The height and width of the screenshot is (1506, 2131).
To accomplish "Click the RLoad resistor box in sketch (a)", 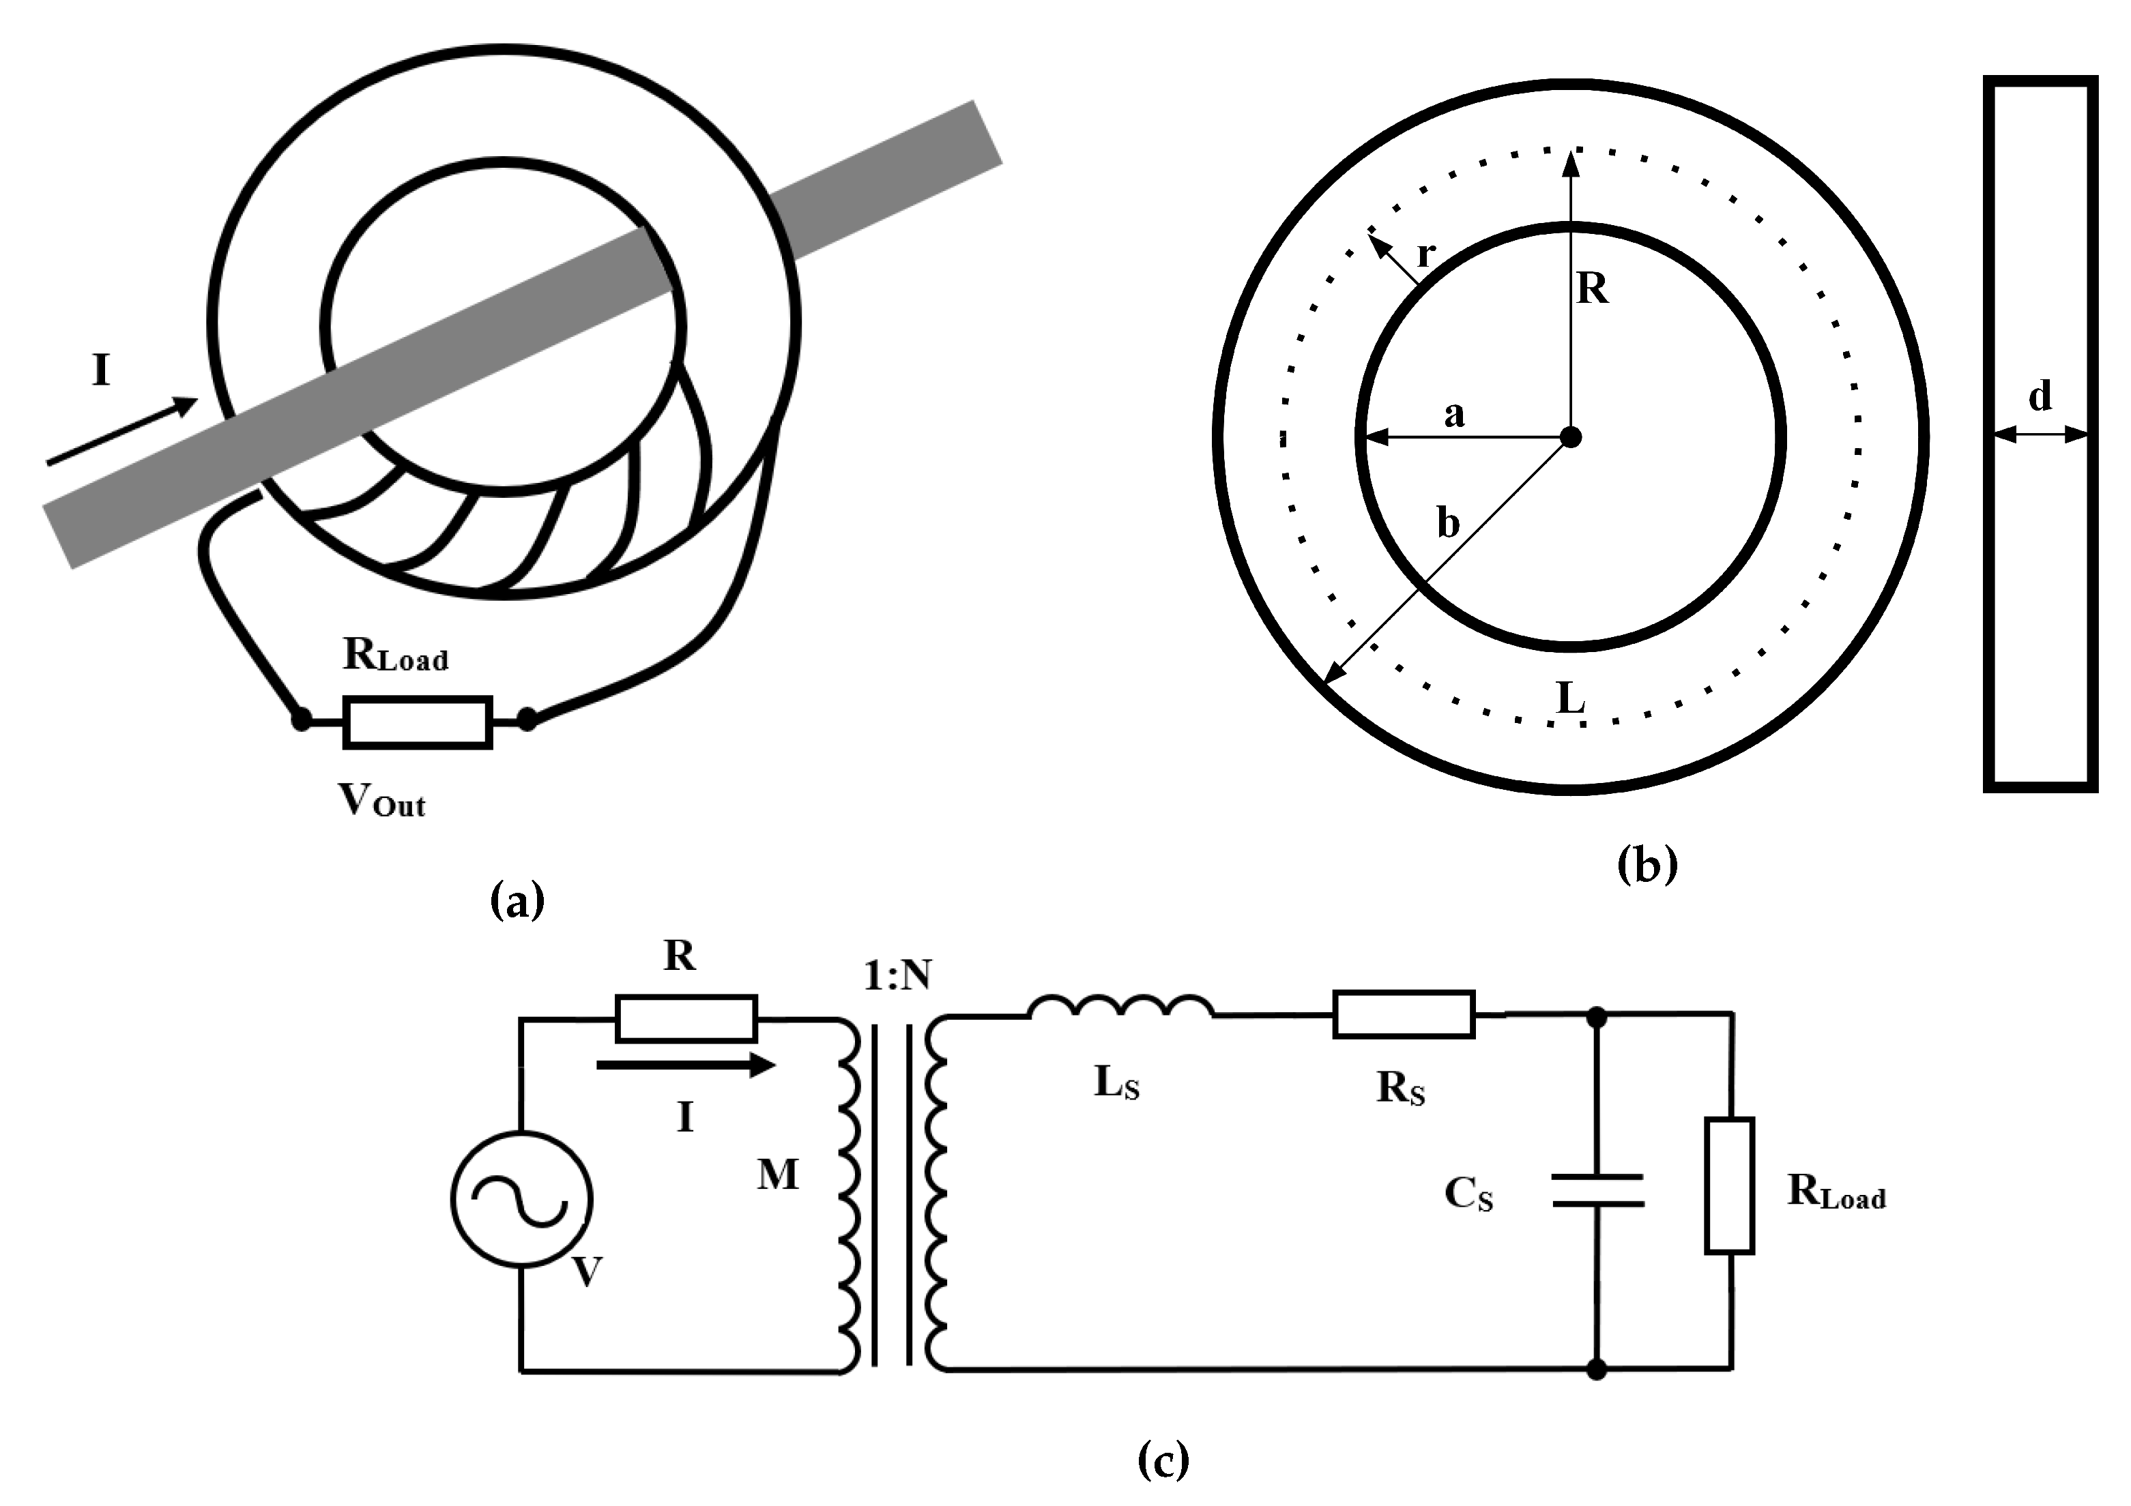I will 417,722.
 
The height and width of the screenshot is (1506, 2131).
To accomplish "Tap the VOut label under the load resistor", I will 381,800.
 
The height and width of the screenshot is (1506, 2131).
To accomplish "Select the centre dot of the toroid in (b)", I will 1570,436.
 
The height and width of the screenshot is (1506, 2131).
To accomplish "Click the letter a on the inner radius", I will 1454,414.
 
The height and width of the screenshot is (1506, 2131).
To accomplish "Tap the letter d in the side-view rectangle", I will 2039,396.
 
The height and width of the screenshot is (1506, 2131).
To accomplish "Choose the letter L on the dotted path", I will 1570,698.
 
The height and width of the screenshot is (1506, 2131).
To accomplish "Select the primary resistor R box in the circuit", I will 686,1019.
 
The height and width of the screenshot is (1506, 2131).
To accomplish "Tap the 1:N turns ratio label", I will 897,975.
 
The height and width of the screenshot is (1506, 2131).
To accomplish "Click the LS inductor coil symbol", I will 1120,1007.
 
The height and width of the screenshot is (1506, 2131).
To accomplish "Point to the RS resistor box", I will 1404,1014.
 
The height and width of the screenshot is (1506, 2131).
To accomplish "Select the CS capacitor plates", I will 1597,1190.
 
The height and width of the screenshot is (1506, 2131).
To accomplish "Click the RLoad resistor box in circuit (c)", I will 1729,1186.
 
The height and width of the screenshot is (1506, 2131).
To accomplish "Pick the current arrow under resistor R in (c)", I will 686,1066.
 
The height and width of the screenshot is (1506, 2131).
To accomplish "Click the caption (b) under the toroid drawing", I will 1647,865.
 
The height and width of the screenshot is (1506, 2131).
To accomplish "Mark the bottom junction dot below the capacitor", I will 1597,1369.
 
